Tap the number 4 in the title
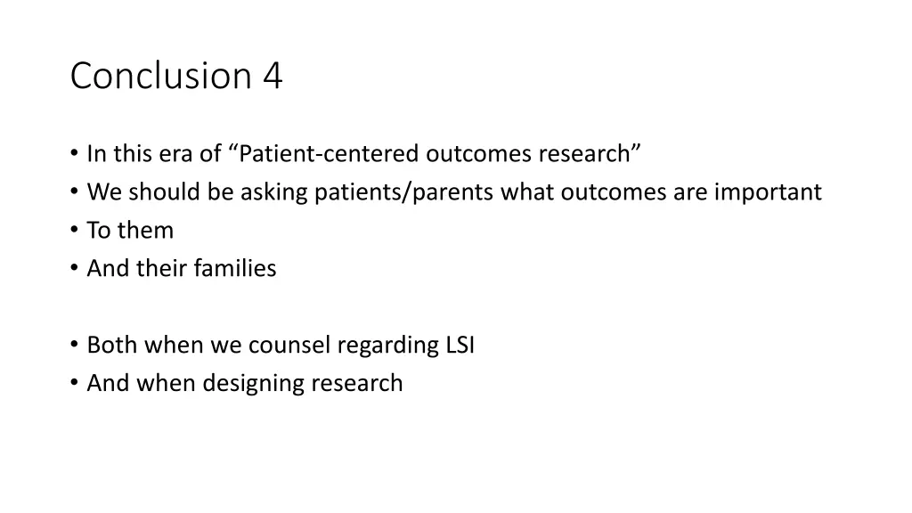(x=273, y=77)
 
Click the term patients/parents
(x=405, y=192)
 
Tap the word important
(x=768, y=192)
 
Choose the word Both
(x=112, y=346)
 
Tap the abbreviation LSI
(x=460, y=346)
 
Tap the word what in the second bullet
(x=527, y=192)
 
